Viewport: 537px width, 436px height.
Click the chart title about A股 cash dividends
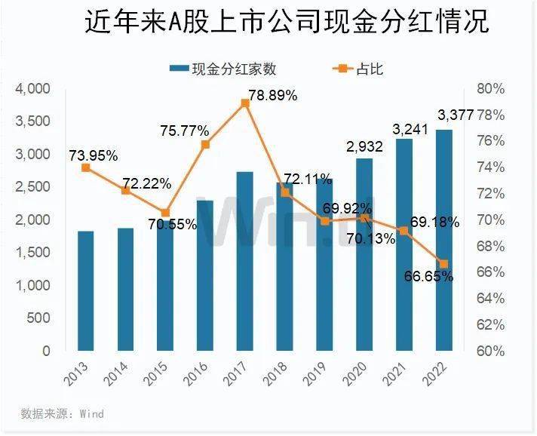pos(287,23)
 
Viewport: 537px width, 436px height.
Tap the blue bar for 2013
pos(86,291)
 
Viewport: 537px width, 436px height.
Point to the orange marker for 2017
pos(244,103)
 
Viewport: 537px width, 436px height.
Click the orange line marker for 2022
pos(443,264)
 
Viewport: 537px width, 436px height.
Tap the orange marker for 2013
pos(86,167)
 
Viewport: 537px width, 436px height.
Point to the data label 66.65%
pos(428,277)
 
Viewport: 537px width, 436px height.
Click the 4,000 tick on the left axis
pos(32,89)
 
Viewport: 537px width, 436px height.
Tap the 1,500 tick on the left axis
pos(32,253)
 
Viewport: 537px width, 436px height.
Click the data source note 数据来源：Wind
pos(62,414)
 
